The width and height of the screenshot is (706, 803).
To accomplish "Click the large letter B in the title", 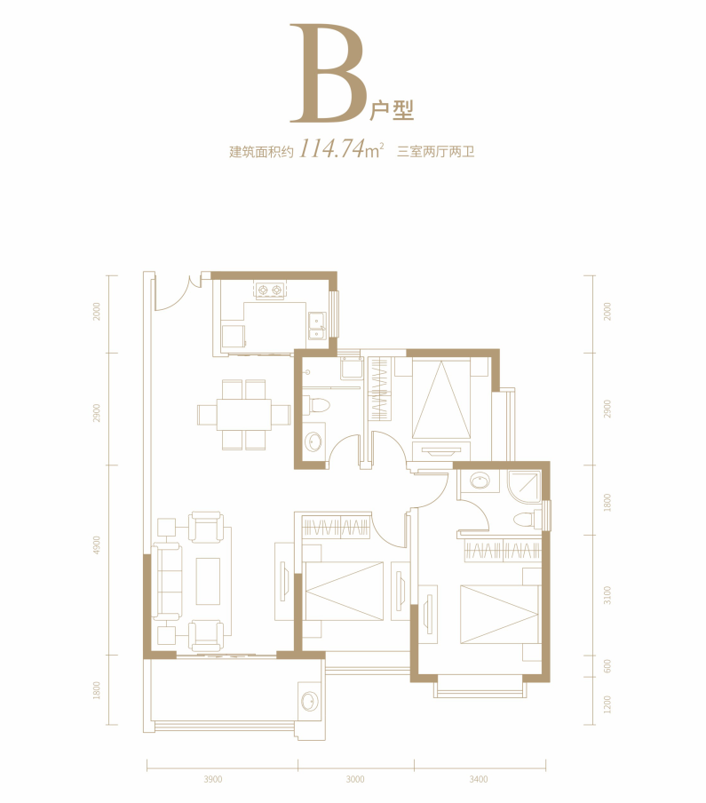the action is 328,73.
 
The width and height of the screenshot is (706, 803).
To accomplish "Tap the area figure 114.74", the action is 331,148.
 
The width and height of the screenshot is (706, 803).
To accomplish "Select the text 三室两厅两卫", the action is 436,152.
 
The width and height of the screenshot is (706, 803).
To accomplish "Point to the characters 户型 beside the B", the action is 392,110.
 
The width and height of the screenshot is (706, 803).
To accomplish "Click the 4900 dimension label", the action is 97,546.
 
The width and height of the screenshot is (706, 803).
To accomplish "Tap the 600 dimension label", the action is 607,666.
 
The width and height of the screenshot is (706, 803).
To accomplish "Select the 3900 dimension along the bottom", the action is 212,779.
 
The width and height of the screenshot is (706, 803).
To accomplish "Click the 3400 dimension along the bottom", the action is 478,779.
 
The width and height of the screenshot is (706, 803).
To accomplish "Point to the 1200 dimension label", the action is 607,704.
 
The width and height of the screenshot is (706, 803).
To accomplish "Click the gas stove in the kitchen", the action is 270,290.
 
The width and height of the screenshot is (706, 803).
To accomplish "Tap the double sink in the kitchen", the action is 317,326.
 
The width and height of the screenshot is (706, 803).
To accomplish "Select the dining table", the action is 243,415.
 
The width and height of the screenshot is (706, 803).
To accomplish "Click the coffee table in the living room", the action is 208,581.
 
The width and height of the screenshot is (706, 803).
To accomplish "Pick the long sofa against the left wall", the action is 168,583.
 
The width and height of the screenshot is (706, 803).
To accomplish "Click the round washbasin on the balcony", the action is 309,701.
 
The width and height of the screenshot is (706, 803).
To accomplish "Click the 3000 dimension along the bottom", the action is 355,779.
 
